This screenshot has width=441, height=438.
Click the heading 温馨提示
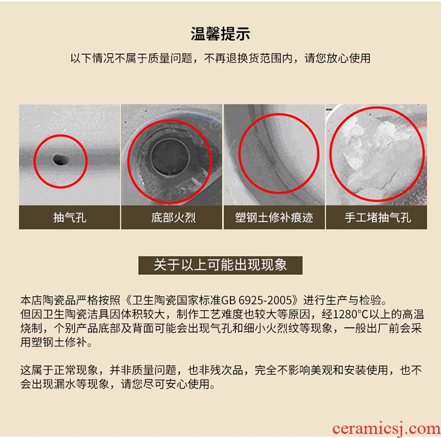click(220, 34)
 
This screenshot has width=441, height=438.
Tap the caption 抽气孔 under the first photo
click(70, 217)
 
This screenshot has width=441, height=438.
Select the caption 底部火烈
click(173, 217)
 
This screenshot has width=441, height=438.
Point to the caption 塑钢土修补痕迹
click(274, 217)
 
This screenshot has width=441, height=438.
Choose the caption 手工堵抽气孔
click(377, 217)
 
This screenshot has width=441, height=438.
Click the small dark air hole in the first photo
click(61, 160)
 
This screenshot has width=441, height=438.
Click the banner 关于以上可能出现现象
click(220, 265)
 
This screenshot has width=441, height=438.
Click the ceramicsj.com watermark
click(386, 429)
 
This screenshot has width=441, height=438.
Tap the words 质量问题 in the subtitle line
click(170, 58)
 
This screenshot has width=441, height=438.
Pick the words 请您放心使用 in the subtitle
click(338, 58)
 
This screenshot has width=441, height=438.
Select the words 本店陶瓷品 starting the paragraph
click(48, 300)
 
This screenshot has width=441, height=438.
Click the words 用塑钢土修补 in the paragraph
click(54, 342)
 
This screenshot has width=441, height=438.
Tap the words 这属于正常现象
click(59, 370)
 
